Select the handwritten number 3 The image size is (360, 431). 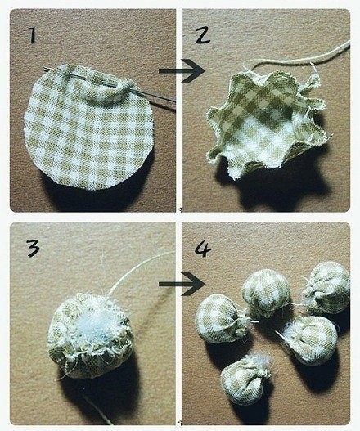pos(34,248)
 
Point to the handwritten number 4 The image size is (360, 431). pos(203,249)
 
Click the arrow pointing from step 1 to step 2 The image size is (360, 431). pos(182,71)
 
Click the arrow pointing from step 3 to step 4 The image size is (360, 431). pos(182,285)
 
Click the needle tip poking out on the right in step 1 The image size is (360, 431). pos(174,106)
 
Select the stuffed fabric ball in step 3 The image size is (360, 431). pos(90,336)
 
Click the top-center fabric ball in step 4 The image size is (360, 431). pos(266,294)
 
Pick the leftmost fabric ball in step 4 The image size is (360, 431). pos(220,319)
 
